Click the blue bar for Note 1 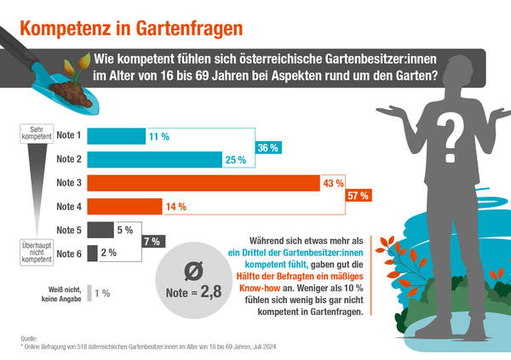pos(115,135)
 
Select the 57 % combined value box pos(358,195)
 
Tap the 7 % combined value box pos(153,242)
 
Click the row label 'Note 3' pos(68,183)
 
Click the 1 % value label pos(102,294)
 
